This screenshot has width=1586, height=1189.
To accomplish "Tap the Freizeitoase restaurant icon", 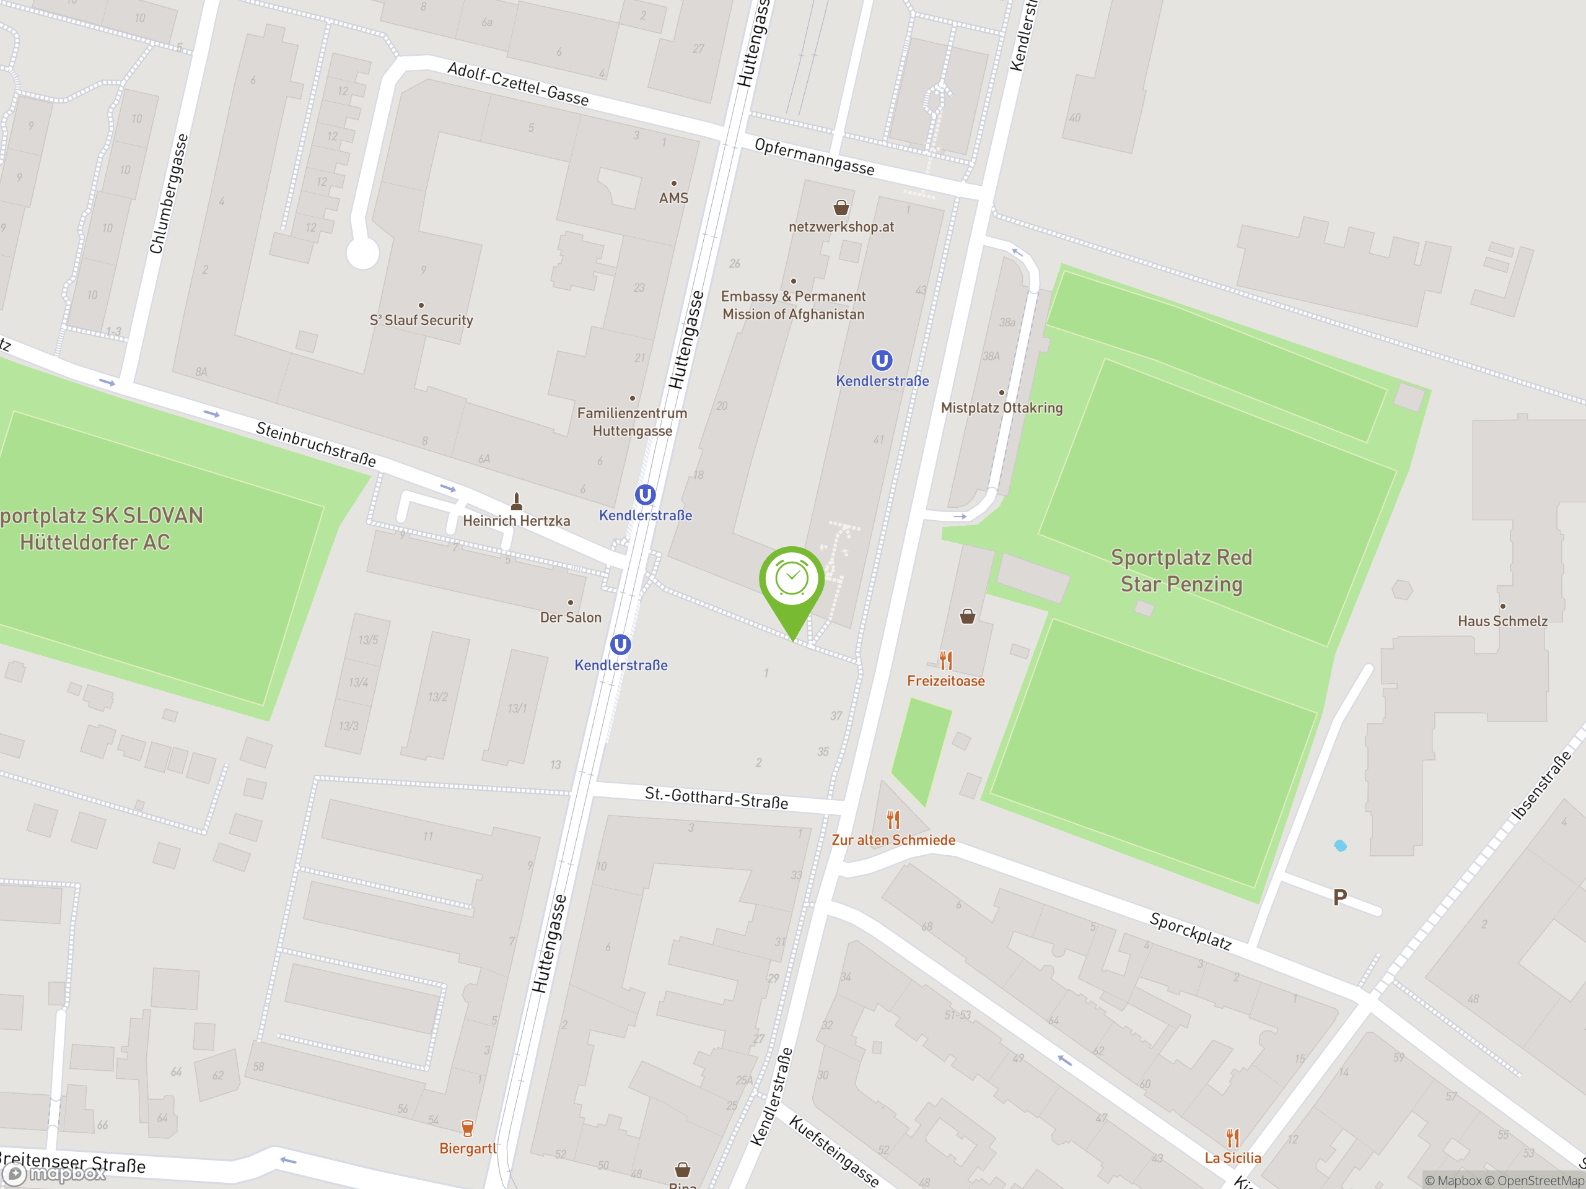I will coord(946,660).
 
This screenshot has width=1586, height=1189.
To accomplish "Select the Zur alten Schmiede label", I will coord(893,840).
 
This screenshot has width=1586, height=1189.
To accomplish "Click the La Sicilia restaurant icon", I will coord(1232,1138).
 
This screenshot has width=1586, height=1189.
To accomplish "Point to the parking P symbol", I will coord(1339,897).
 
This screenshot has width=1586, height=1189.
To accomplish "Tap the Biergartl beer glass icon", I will coord(468,1129).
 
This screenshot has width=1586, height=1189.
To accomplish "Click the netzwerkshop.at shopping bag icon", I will coord(841,208).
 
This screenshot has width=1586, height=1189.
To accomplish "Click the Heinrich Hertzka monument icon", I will coord(516,500).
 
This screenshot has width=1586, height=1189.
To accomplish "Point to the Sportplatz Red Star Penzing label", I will coord(1181,570).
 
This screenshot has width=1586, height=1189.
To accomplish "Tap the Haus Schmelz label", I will coord(1502,621).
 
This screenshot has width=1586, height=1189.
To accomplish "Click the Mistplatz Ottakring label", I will coord(1001,408).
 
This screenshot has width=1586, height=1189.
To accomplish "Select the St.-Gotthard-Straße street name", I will coord(716,798).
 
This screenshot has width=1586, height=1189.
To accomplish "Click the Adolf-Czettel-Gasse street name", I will coord(518,84).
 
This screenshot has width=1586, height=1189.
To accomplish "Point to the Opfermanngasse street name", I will coord(814,157).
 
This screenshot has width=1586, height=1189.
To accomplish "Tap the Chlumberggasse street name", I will coord(169,193).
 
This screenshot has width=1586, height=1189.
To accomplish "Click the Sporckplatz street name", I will coord(1190,930).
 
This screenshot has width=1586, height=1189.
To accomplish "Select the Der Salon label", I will coord(570,617).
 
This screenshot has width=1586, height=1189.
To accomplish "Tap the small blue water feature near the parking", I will coord(1340,846).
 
